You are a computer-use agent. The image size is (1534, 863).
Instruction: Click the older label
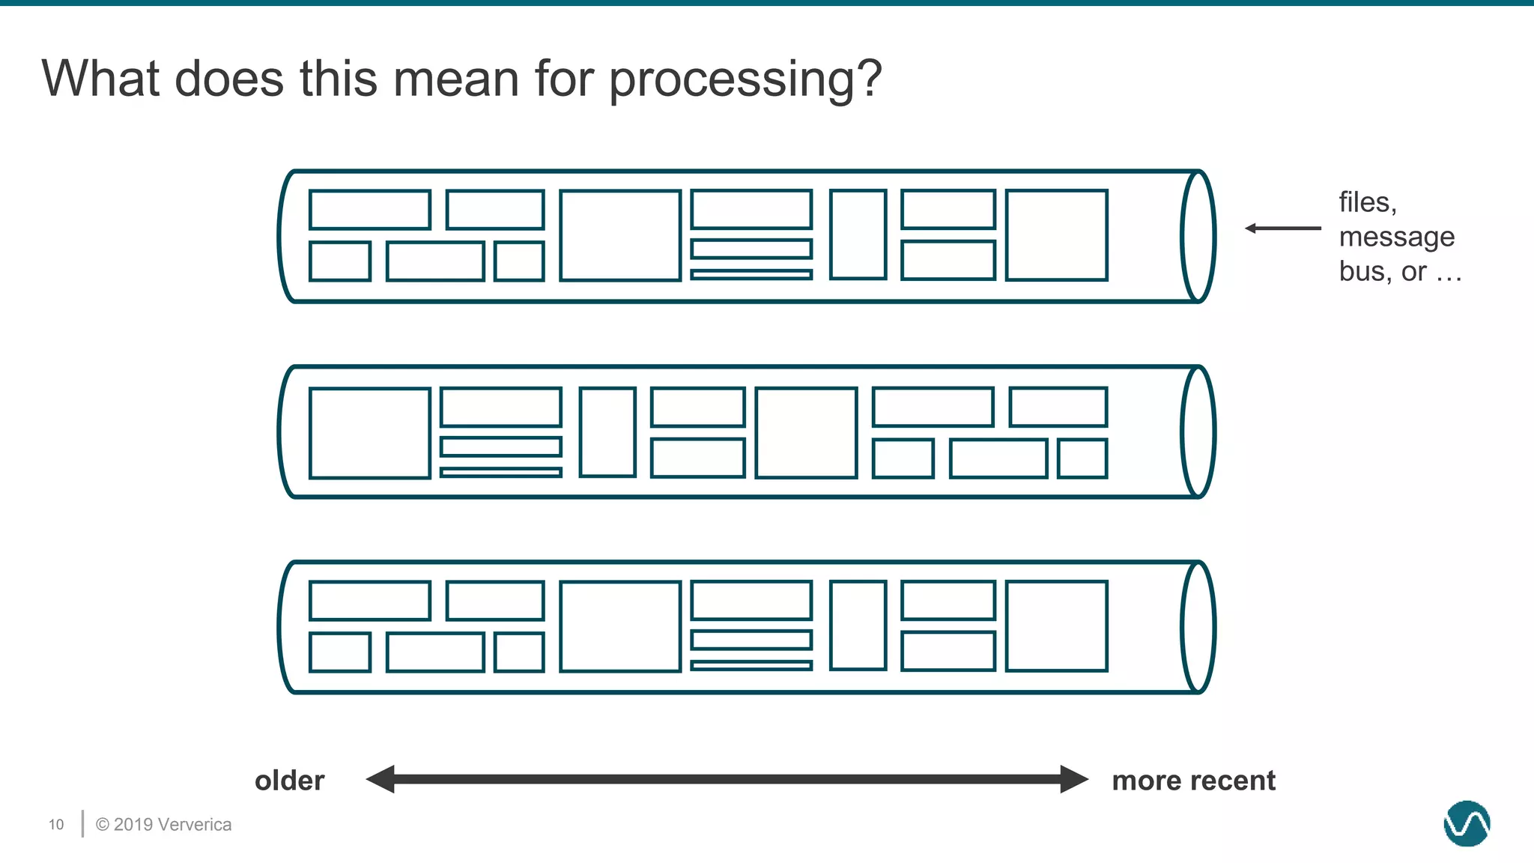point(289,781)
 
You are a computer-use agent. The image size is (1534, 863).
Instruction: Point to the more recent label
point(1193,781)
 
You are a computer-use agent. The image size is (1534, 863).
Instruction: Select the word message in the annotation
point(1396,237)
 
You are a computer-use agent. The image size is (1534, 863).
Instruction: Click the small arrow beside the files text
point(1282,228)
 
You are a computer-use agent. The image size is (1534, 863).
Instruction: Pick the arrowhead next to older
point(381,779)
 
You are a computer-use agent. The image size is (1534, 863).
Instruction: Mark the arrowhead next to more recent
point(1074,779)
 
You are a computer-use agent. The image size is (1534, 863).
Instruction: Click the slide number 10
point(56,825)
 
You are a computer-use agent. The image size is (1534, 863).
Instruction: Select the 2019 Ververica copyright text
point(163,825)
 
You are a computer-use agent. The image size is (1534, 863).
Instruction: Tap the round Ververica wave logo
point(1467,823)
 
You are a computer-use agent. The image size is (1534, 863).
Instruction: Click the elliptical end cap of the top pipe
point(1198,237)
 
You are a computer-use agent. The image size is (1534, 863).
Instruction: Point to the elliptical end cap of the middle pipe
point(1198,432)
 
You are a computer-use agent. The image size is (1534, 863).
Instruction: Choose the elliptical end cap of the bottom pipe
point(1198,628)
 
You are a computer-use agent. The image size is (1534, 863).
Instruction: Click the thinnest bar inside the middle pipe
point(501,472)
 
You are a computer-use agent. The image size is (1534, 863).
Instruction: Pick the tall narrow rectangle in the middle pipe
point(607,432)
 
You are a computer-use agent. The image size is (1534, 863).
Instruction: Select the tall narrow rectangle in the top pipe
point(858,234)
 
